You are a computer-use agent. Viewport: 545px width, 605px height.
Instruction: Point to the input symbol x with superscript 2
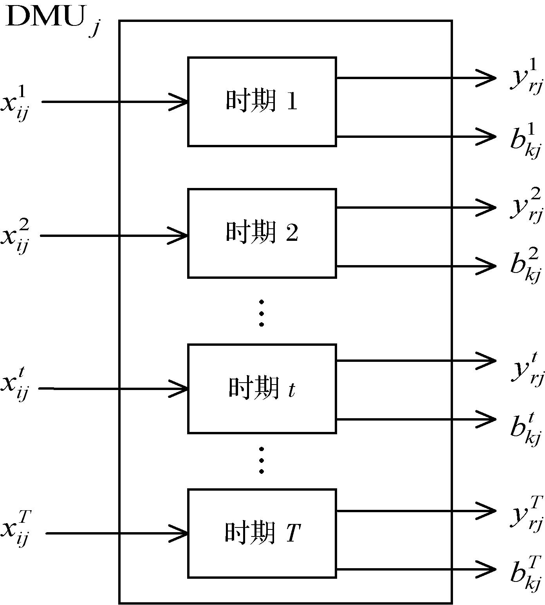15,236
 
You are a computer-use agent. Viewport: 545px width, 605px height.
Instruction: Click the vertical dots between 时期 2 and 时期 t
262,313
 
